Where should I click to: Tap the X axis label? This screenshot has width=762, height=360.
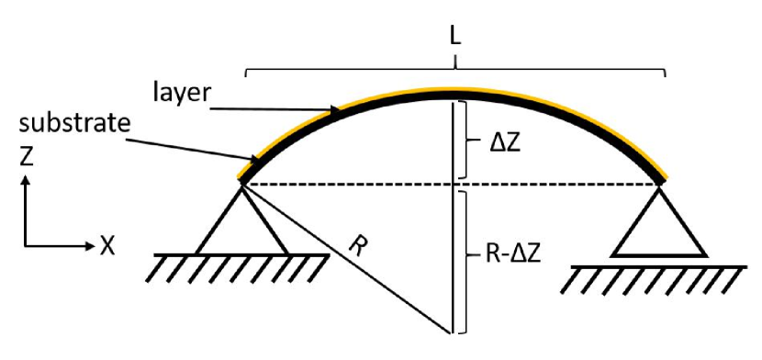[108, 245]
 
